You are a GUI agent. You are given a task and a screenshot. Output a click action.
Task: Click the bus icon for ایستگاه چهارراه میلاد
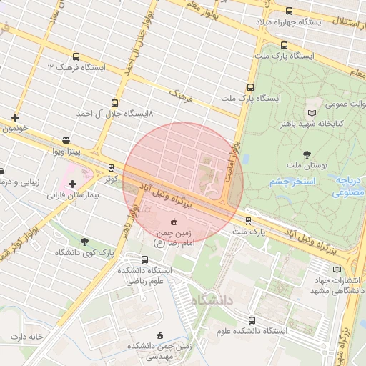click(x=289, y=11)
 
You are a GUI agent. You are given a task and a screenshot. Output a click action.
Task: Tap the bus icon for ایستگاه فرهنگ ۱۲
click(x=76, y=56)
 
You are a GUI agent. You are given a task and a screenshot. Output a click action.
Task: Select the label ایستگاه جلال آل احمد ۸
click(x=115, y=114)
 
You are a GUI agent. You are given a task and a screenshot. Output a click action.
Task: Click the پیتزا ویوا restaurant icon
click(x=66, y=141)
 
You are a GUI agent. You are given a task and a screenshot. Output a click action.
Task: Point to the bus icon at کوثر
click(x=111, y=168)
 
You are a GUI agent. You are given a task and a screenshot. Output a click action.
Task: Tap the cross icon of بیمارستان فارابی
click(x=72, y=184)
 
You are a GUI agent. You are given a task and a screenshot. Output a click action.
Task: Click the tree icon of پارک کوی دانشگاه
click(x=85, y=242)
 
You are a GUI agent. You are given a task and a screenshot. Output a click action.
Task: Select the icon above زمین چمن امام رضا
click(x=174, y=221)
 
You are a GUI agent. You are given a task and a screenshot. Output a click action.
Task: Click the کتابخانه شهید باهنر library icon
click(x=311, y=113)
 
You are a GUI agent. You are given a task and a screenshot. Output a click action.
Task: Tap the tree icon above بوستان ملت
click(x=307, y=154)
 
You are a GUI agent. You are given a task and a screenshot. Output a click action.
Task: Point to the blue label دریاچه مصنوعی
click(x=350, y=187)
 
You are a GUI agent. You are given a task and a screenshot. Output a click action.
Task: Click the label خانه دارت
click(x=27, y=336)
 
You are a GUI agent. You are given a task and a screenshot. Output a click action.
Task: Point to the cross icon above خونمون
click(x=16, y=117)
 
